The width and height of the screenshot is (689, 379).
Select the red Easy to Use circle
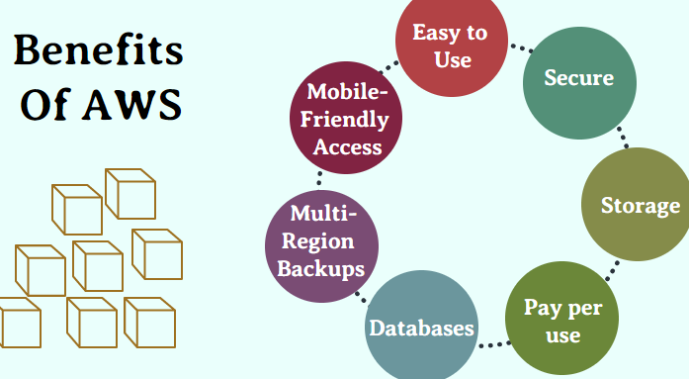pyautogui.click(x=449, y=46)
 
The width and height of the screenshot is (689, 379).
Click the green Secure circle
pyautogui.click(x=579, y=78)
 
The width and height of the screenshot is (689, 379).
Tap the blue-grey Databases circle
pyautogui.click(x=421, y=327)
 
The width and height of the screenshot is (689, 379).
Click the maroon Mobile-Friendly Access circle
pyautogui.click(x=345, y=119)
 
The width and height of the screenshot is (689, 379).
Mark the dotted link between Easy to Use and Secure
pyautogui.click(x=517, y=46)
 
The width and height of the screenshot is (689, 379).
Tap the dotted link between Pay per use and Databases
pyautogui.click(x=491, y=344)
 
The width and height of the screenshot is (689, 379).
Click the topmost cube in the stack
pyautogui.click(x=129, y=193)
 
